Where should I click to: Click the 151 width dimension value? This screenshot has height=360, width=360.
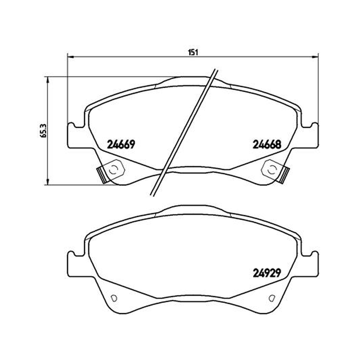coord(193,52)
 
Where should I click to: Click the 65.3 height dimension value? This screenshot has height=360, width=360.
coord(44,130)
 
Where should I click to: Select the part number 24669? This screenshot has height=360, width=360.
coord(121,144)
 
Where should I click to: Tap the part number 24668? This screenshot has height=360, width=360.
coord(267,144)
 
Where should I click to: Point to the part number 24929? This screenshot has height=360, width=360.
coord(267,273)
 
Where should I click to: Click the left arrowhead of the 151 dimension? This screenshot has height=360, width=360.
coord(70,56)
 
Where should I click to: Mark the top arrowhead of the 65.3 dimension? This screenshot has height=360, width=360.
coord(48,80)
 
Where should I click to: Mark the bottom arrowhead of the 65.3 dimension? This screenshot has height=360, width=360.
coord(48,182)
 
